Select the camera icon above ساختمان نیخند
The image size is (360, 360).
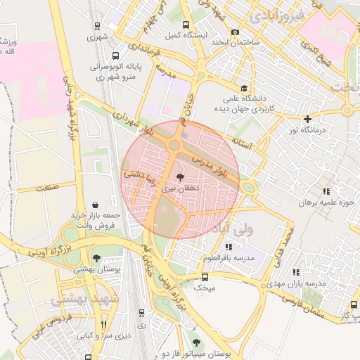[235, 31]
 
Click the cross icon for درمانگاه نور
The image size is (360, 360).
[307, 120]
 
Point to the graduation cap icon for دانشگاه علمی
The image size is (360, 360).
[243, 89]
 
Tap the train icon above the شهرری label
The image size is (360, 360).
[98, 26]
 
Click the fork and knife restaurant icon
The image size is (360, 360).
[104, 324]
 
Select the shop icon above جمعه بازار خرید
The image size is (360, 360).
[94, 203]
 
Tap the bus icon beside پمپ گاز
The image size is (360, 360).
[354, 306]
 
